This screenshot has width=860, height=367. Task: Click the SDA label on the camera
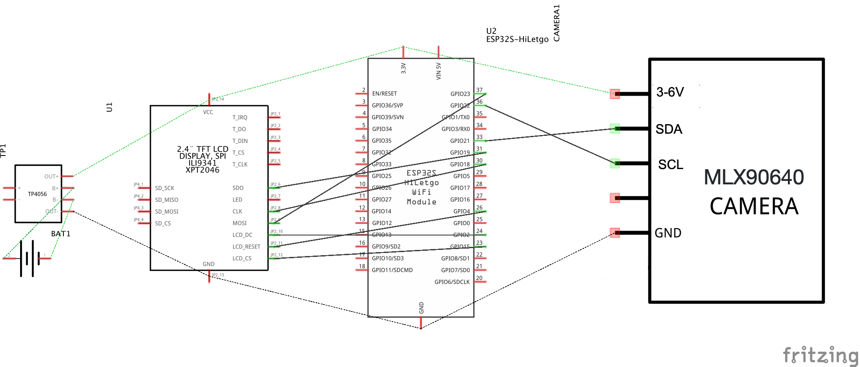(669, 129)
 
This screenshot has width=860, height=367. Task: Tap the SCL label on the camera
(670, 165)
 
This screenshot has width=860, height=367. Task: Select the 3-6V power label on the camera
(670, 92)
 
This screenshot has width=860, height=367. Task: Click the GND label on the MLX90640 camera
(668, 233)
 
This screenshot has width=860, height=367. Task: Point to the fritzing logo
(820, 355)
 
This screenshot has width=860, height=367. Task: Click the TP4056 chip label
(37, 194)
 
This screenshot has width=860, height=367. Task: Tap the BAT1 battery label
(61, 234)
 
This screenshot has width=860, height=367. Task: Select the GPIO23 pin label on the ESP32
(460, 94)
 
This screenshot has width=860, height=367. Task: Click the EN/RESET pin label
(385, 94)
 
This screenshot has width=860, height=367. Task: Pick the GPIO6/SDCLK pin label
(452, 282)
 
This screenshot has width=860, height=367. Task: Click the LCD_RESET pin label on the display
(246, 247)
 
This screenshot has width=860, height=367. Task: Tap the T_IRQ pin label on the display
(240, 118)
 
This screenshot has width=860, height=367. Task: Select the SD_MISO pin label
(166, 200)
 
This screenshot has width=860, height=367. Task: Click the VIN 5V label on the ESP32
(438, 71)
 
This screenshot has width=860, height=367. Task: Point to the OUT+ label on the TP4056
(51, 177)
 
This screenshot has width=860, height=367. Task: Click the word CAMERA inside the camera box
(754, 207)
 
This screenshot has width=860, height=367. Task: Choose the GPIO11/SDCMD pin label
(392, 270)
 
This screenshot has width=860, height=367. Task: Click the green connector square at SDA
(615, 128)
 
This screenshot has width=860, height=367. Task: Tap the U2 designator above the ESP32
(491, 31)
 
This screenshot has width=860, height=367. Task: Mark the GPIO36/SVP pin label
(387, 106)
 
